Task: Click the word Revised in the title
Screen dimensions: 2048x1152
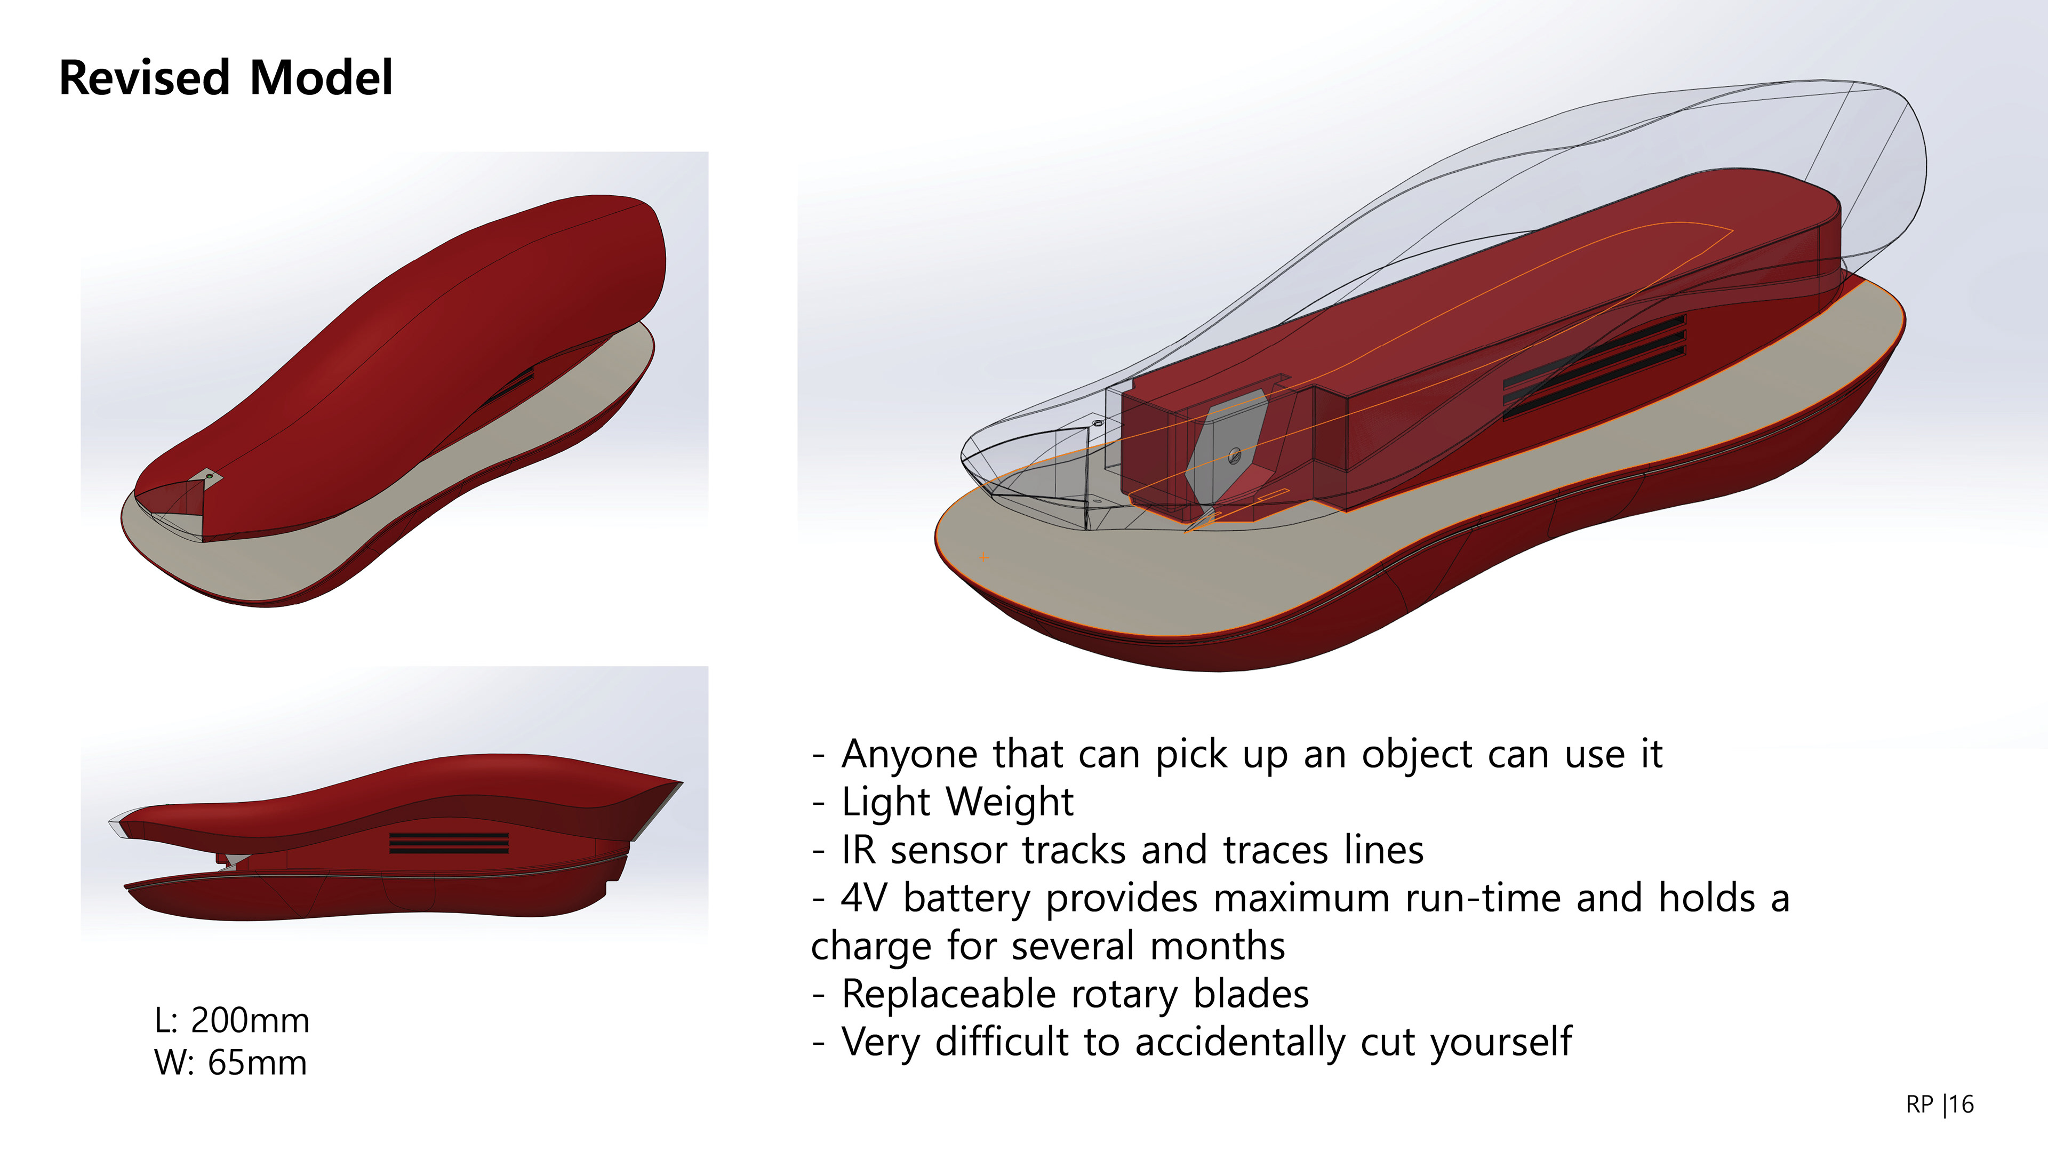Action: tap(145, 78)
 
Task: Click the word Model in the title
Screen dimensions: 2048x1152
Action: tap(321, 78)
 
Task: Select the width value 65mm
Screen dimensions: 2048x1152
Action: tap(257, 1062)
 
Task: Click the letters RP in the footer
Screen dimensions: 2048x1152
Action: tap(1919, 1105)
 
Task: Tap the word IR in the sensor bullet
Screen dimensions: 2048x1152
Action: tap(859, 850)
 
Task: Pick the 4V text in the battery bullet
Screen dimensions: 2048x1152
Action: tap(864, 898)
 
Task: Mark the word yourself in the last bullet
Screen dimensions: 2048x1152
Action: tap(1501, 1042)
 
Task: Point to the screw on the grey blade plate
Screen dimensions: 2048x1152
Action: tap(1235, 455)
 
